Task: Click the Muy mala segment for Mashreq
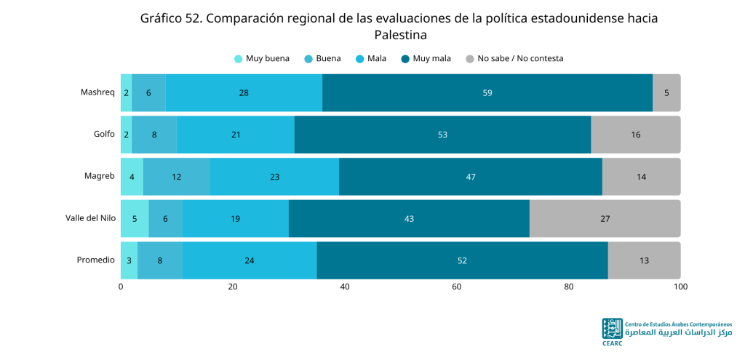point(487,92)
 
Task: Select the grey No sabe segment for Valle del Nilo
point(605,218)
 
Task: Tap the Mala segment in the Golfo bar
point(236,135)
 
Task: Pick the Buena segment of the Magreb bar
point(177,177)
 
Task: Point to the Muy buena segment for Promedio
point(130,260)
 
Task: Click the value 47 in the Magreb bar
point(471,177)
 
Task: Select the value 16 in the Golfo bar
point(636,135)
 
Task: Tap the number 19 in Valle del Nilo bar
point(235,219)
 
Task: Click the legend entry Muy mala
point(426,59)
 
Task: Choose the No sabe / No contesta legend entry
point(514,59)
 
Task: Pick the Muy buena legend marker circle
point(239,59)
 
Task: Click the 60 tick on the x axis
point(457,287)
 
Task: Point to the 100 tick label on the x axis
point(680,287)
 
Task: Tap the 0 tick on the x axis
point(121,287)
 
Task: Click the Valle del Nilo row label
point(90,218)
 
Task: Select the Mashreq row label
point(98,92)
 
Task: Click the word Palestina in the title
point(401,35)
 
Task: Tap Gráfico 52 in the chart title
point(171,18)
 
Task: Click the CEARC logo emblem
point(612,329)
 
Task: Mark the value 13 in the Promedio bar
point(645,261)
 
